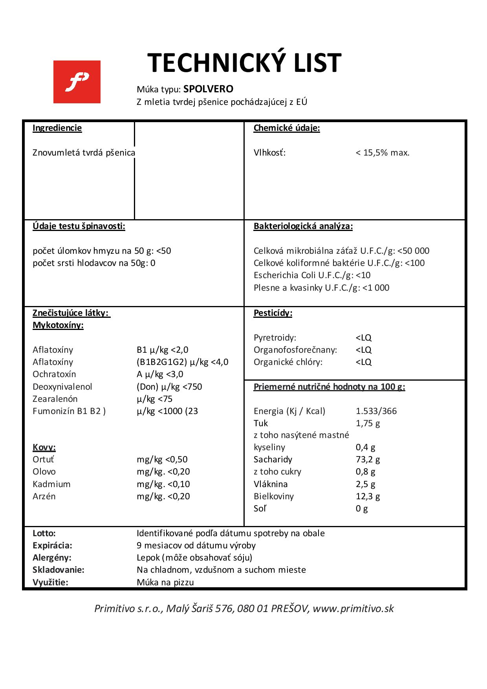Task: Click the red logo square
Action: tap(77, 82)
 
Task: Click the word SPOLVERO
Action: tap(208, 89)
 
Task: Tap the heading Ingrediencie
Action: tap(57, 128)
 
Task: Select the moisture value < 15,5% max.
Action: tap(383, 153)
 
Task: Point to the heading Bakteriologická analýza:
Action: tap(303, 226)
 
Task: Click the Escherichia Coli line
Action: tap(312, 275)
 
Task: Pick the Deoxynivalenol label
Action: tap(62, 387)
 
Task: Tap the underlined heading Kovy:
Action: tap(44, 447)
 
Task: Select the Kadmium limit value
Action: tap(163, 484)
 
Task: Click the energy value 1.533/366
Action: tap(376, 411)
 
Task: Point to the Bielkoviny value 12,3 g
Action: tap(368, 497)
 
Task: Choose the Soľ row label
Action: tap(260, 509)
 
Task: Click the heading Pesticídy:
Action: tap(273, 313)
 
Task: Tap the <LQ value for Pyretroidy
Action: tap(363, 338)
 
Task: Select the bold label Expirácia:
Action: tap(52, 546)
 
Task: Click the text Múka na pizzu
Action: tap(165, 582)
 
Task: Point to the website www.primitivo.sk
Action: tap(353, 608)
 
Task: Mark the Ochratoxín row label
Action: tap(54, 374)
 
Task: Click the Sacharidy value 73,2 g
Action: tap(368, 460)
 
